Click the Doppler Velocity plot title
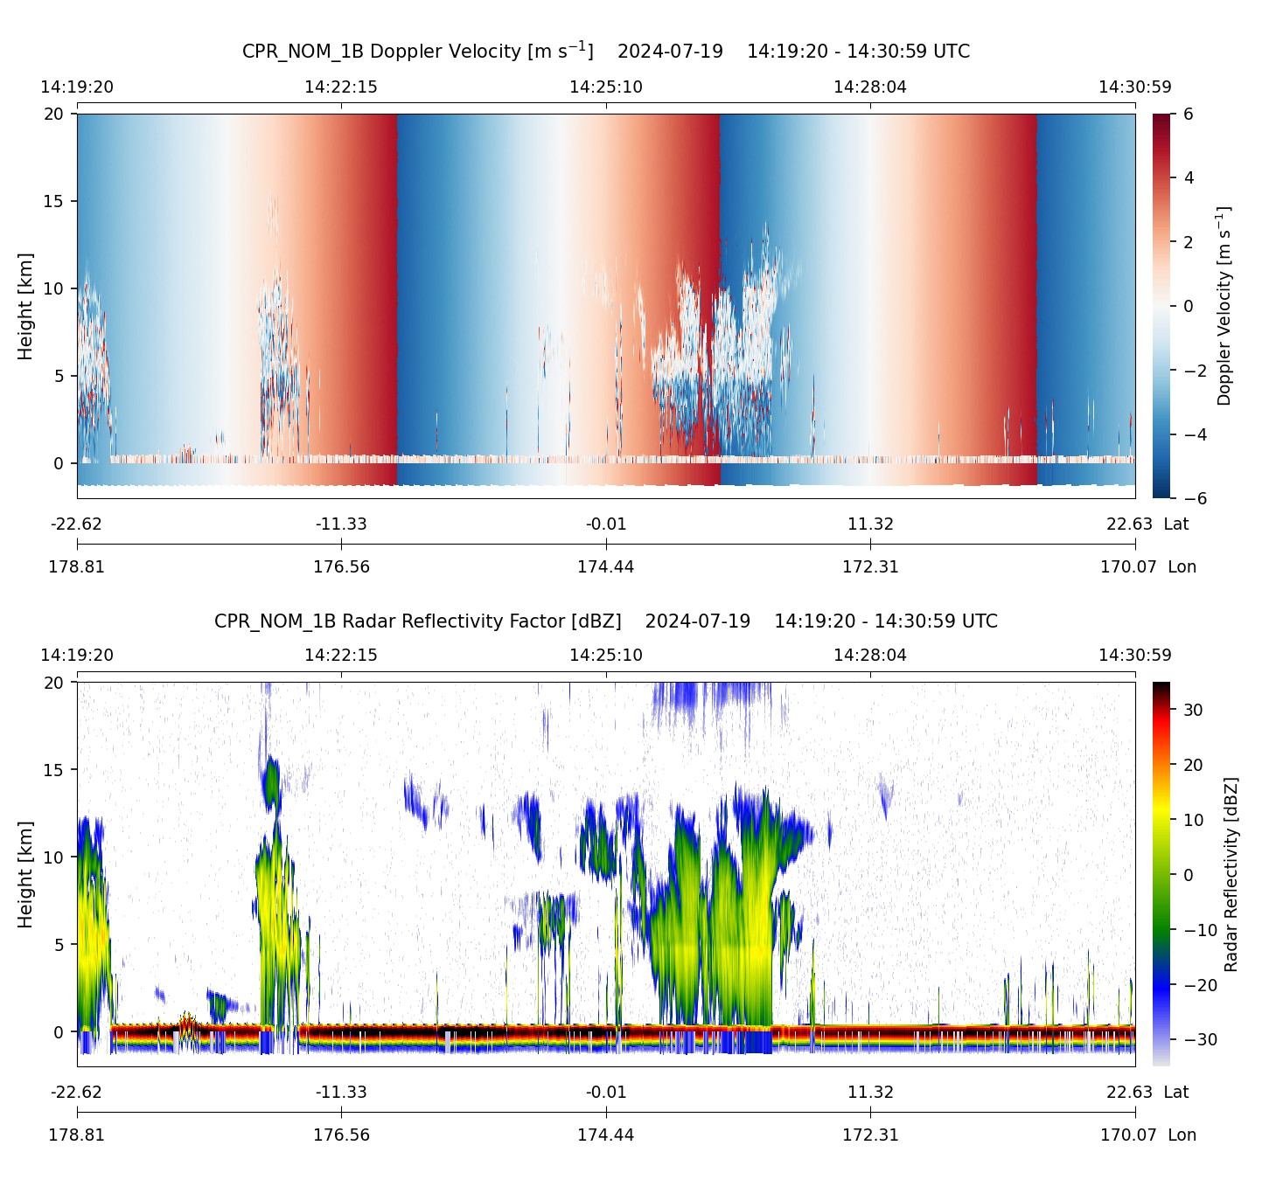[x=605, y=51]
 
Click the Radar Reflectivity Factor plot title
[x=605, y=621]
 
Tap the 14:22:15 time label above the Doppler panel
[x=341, y=87]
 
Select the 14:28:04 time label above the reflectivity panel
[x=870, y=655]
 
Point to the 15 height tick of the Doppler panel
[x=55, y=201]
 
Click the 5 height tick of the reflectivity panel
[x=59, y=945]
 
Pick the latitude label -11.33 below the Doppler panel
[x=341, y=524]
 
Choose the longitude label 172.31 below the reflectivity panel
[x=870, y=1135]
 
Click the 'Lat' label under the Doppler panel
[x=1176, y=524]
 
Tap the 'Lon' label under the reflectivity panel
[x=1182, y=1135]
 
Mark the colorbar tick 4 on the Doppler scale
[x=1189, y=178]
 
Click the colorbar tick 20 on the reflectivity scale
[x=1193, y=765]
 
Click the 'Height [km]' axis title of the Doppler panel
[x=25, y=306]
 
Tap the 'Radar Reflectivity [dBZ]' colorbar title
[x=1231, y=874]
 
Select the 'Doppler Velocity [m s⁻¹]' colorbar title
[x=1224, y=306]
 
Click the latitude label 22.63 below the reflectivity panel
[x=1129, y=1092]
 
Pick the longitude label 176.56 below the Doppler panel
[x=341, y=566]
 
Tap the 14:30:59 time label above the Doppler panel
[x=1134, y=87]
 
